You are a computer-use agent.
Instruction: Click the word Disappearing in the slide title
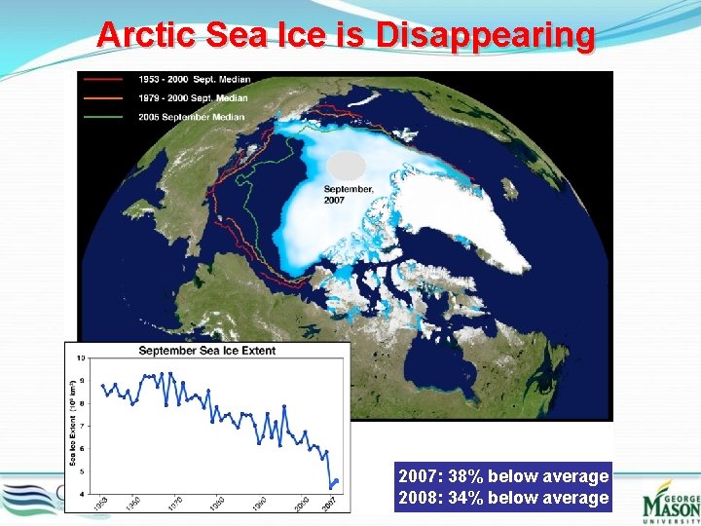[485, 35]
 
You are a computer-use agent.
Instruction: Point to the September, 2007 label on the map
[349, 194]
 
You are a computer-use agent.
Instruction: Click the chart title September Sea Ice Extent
[206, 351]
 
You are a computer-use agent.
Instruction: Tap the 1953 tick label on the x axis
[100, 505]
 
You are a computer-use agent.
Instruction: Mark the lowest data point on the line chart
[330, 486]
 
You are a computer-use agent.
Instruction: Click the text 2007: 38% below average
[503, 476]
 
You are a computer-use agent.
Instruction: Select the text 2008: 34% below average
[503, 498]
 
